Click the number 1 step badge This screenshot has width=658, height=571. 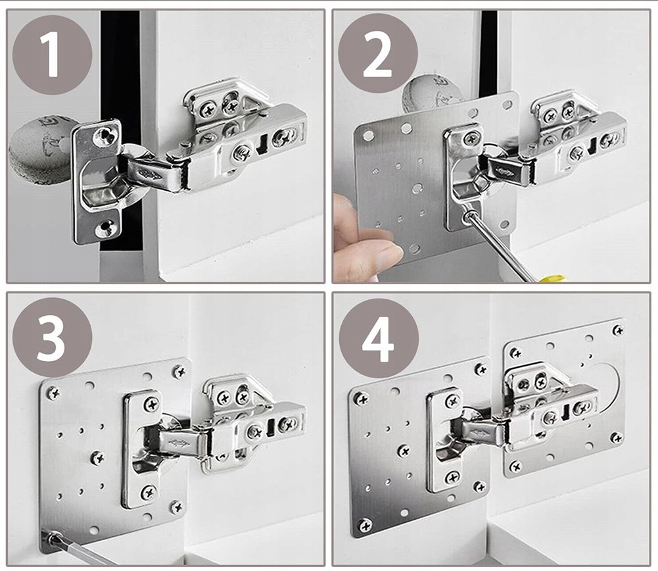click(52, 55)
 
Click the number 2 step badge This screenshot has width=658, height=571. click(378, 53)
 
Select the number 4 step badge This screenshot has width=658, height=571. click(379, 338)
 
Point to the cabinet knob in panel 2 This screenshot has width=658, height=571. click(428, 95)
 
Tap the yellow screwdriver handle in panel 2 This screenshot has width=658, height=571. click(552, 278)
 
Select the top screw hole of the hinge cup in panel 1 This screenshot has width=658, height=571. click(104, 135)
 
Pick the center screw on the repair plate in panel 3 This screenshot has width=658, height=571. click(97, 458)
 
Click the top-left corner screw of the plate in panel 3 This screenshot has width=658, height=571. click(53, 393)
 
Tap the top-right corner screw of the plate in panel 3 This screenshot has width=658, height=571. click(179, 372)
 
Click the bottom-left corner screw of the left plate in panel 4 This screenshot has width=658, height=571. click(365, 525)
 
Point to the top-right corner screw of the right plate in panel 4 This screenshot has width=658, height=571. click(618, 330)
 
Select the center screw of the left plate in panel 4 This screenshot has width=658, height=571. click(404, 451)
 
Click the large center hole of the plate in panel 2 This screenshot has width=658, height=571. click(417, 189)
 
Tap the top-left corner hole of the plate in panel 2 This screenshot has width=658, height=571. click(368, 136)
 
